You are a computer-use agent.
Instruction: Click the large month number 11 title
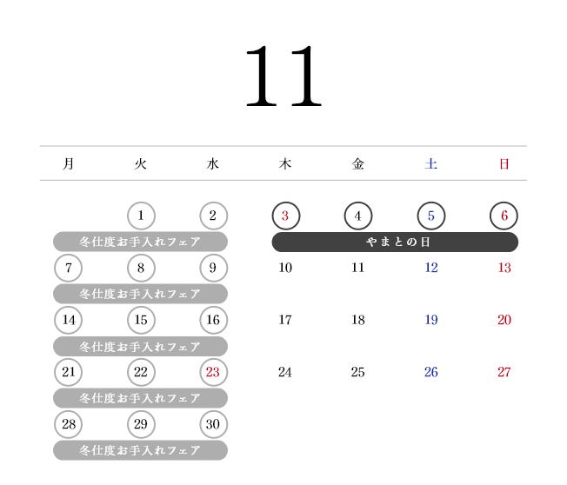pos(283,76)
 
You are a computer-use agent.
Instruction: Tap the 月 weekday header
pos(69,163)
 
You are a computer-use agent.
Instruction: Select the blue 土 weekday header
pos(431,163)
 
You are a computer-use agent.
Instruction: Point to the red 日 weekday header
pos(504,163)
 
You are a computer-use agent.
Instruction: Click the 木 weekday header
pos(285,163)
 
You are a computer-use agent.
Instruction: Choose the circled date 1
pos(141,216)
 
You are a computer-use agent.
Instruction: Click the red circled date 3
pos(285,216)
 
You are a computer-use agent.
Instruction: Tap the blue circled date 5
pos(431,216)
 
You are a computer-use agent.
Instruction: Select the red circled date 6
pos(504,216)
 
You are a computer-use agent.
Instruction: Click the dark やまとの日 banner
pos(395,242)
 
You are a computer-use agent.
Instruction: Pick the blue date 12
pos(431,268)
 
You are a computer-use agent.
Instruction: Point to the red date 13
pos(504,268)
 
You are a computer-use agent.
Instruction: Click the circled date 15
pos(141,320)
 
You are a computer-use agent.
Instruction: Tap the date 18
pos(358,320)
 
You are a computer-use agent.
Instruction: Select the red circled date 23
pos(213,372)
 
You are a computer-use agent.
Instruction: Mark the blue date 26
pos(431,372)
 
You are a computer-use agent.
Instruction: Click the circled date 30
pos(213,424)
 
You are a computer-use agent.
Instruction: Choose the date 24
pos(285,372)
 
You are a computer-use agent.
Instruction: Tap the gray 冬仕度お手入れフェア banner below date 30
pos(140,450)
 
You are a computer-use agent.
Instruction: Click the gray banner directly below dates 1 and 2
pos(140,242)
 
